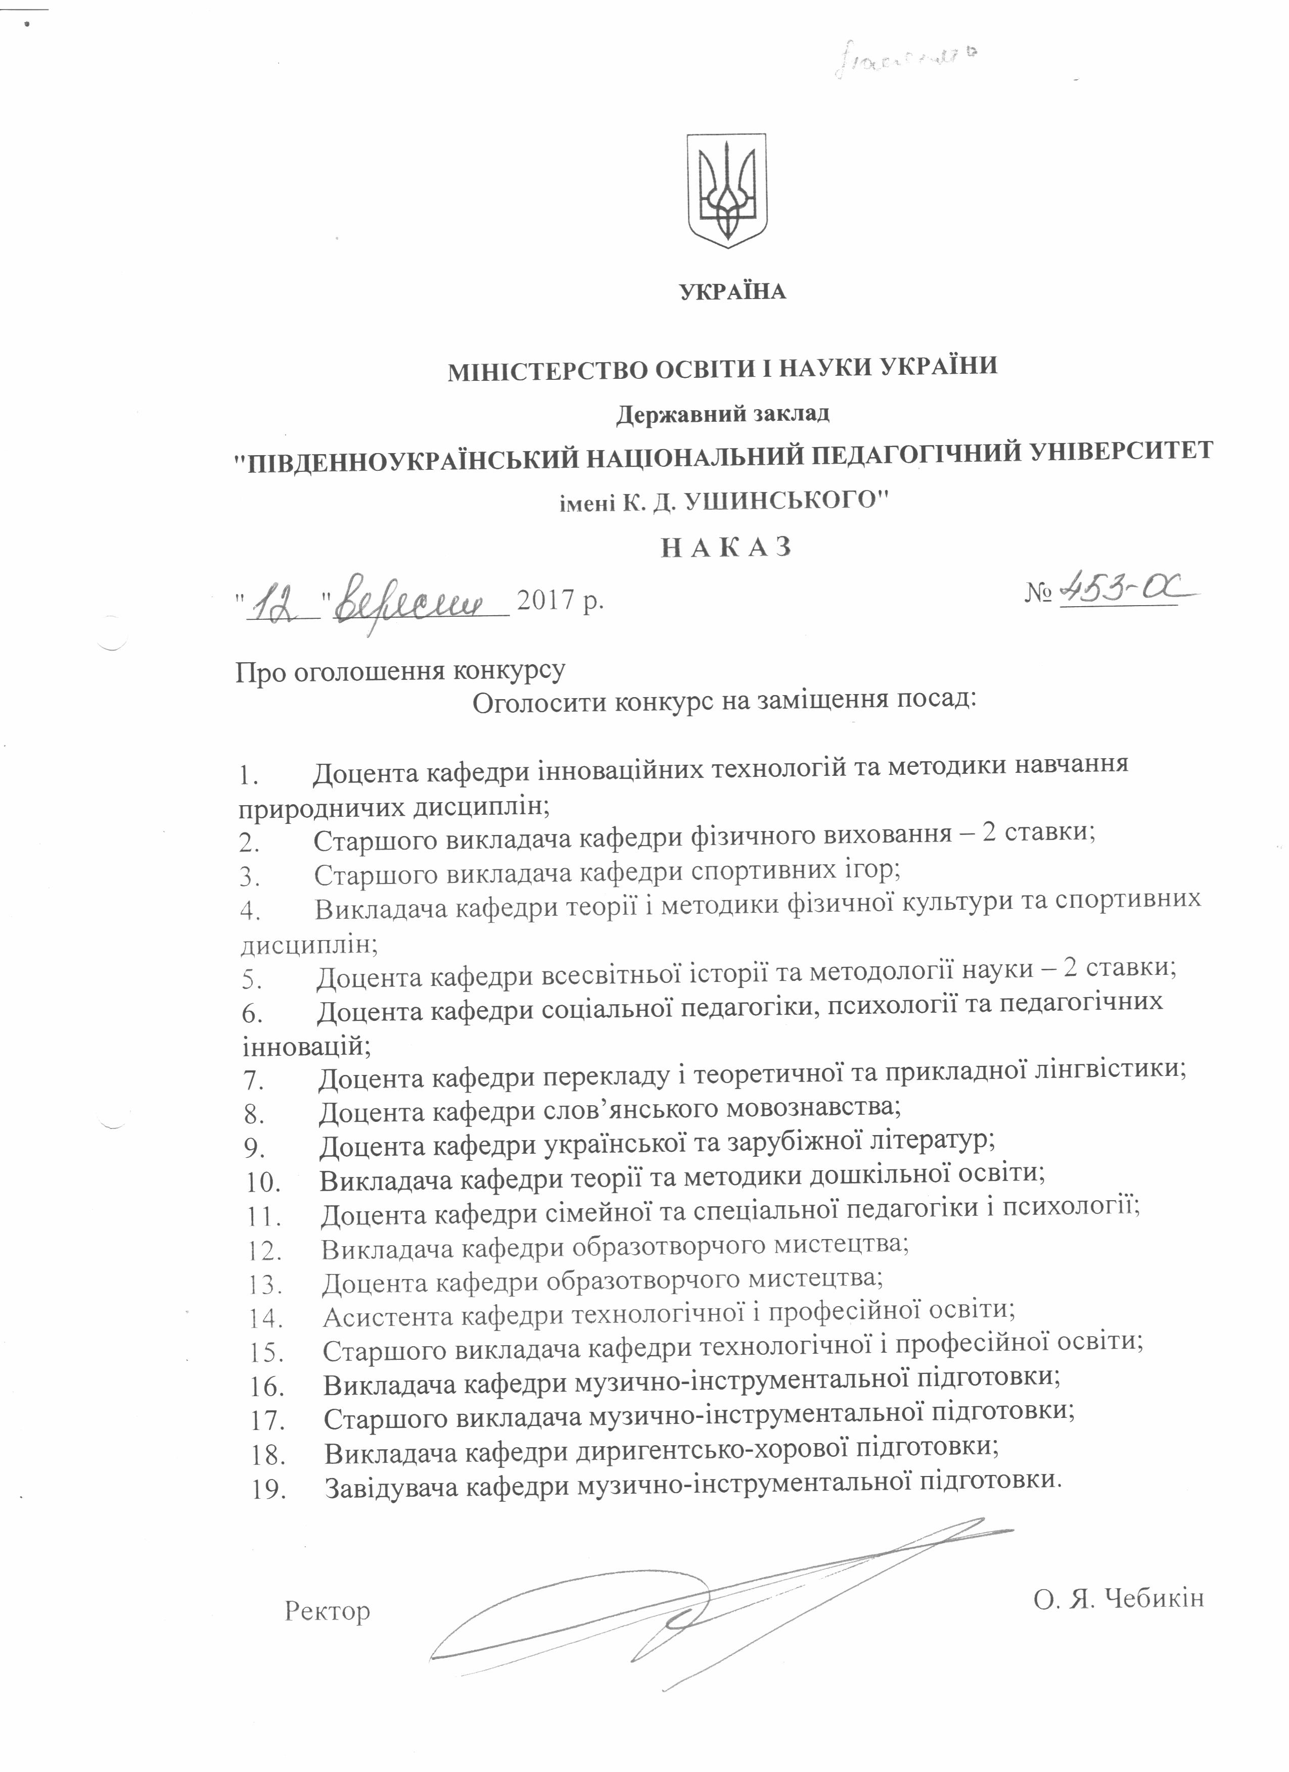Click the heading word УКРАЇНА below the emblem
[732, 292]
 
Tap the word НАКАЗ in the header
[727, 547]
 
